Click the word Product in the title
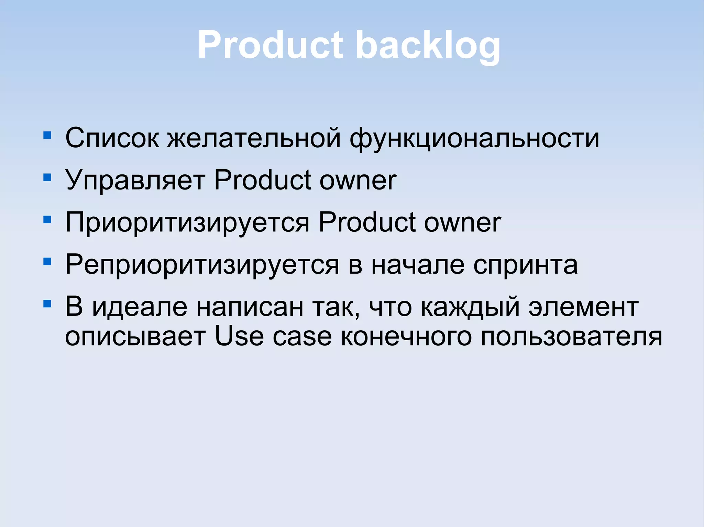pos(270,45)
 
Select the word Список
pos(112,138)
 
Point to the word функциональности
pos(474,138)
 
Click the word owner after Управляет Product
pos(358,180)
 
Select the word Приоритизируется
pos(187,222)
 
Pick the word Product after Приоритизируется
pos(367,222)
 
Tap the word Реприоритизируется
pos(202,265)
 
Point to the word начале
pos(418,265)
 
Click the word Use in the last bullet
pos(239,336)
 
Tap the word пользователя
pos(571,336)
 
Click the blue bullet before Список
pos(47,135)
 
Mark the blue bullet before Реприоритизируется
pos(47,262)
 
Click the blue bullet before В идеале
pos(47,304)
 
